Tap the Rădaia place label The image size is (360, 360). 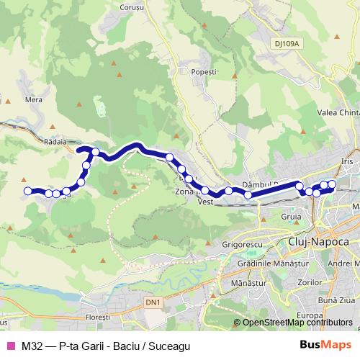(x=55, y=142)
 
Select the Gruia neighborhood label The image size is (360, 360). (x=292, y=216)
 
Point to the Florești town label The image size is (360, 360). (x=95, y=316)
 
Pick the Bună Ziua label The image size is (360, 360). (x=335, y=299)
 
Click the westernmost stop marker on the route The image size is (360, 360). (x=28, y=191)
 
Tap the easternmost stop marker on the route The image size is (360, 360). (x=332, y=184)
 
